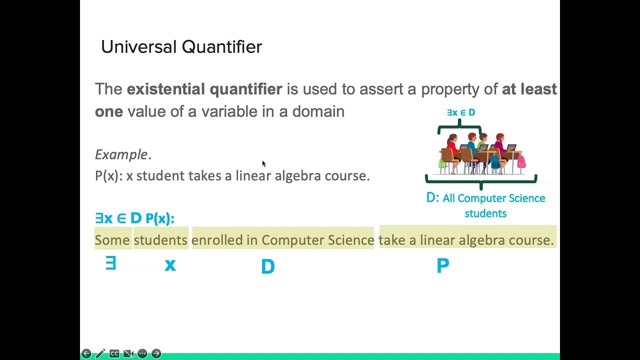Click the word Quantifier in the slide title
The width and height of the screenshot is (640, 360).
click(x=221, y=47)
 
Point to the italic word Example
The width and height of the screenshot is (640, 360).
click(x=121, y=154)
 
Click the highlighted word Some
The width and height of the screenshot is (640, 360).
click(x=112, y=240)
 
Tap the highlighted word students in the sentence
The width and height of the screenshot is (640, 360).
click(x=160, y=240)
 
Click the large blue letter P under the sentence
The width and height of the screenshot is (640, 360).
click(x=442, y=266)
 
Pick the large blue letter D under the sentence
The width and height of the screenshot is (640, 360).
click(x=268, y=267)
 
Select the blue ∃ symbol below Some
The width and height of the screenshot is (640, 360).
click(x=110, y=263)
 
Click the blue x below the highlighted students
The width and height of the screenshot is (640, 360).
click(x=170, y=265)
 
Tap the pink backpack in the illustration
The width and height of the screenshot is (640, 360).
click(x=521, y=161)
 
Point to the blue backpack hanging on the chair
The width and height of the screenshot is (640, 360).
click(x=495, y=161)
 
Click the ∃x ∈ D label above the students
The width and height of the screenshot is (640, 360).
click(x=461, y=113)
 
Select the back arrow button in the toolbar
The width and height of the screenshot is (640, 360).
click(x=86, y=353)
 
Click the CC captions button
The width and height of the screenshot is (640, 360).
click(x=114, y=353)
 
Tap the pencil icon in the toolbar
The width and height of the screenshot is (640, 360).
click(x=100, y=353)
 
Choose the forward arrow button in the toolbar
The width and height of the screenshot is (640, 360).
click(x=156, y=353)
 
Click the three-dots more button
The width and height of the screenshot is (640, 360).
click(x=142, y=353)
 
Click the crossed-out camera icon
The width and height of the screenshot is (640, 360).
click(x=128, y=353)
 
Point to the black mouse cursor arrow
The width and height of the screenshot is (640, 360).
click(x=264, y=163)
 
